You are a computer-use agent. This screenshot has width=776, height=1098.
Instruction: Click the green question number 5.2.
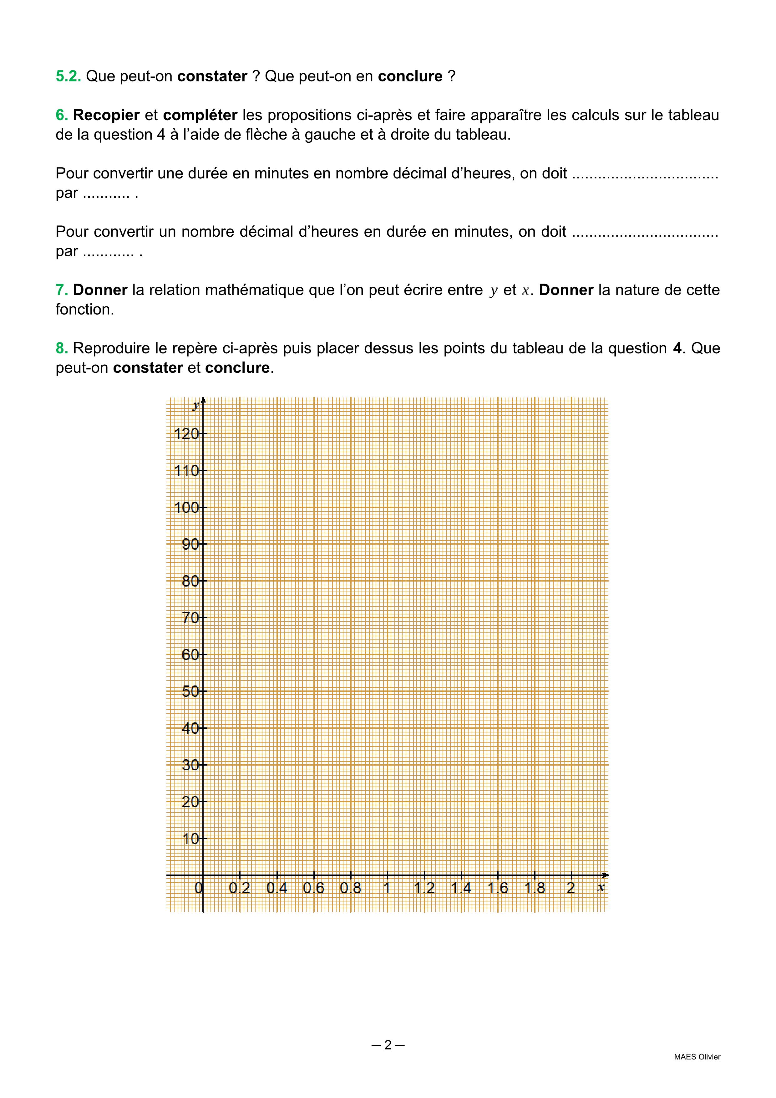[68, 76]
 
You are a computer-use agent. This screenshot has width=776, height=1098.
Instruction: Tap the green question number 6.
[62, 115]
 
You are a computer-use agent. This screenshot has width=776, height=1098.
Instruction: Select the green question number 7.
[62, 290]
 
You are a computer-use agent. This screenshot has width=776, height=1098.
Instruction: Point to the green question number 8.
[62, 349]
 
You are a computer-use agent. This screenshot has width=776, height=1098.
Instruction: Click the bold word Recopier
[106, 115]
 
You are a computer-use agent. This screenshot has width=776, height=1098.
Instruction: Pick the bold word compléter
[200, 115]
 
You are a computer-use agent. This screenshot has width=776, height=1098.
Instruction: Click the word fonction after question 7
[84, 310]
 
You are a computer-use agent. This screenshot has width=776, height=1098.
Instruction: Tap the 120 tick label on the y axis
[186, 434]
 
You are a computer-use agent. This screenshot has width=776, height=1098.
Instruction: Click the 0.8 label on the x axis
[350, 889]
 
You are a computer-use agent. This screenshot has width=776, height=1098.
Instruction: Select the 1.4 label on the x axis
[461, 889]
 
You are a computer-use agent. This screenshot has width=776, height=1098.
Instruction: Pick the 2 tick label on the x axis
[571, 889]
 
